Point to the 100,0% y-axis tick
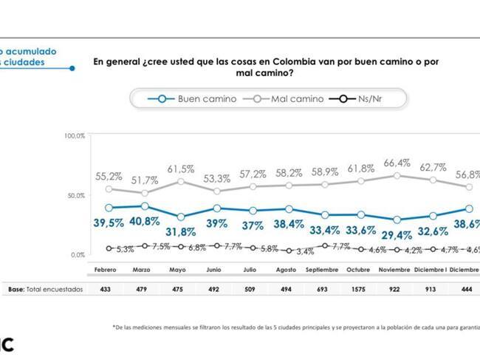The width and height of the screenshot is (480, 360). click(75, 137)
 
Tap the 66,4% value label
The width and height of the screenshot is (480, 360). click(397, 163)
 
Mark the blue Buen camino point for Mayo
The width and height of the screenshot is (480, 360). click(181, 217)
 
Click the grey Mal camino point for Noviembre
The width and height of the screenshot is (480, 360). click(397, 175)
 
